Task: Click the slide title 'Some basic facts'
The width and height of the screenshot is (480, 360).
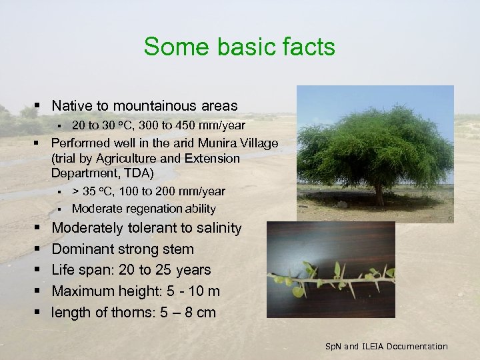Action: coord(239,47)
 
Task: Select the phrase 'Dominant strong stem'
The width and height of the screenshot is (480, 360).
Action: coord(123,249)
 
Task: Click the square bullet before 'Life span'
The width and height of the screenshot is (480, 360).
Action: coord(37,270)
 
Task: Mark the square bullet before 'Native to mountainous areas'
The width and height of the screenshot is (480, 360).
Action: coord(37,105)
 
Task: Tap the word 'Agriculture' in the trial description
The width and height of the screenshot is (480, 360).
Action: coord(146,158)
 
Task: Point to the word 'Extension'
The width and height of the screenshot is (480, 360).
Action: coord(212,158)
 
